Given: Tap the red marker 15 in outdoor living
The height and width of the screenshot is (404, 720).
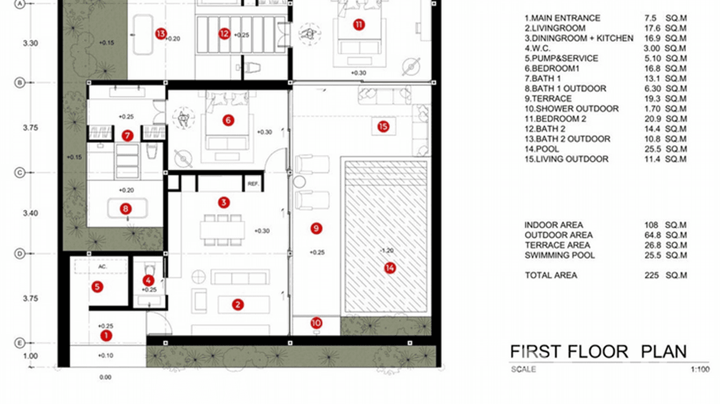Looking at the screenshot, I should coord(383,126).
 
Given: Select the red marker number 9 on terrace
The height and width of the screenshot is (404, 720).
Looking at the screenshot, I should coord(316,229).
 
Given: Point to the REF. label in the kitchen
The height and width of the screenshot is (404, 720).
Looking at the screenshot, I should coord(253,183).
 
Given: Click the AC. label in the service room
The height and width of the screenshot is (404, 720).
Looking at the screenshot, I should coord(102,266).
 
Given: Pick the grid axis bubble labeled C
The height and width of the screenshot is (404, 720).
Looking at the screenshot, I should coord(20,173).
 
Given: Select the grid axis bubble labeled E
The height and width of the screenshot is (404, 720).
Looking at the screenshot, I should coord(20,342).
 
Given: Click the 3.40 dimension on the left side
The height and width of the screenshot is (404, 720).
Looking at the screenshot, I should coord(31,213).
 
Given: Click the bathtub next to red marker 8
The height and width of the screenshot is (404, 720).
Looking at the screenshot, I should coord(127,208).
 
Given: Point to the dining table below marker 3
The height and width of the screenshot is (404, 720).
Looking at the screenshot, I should coord(222,229).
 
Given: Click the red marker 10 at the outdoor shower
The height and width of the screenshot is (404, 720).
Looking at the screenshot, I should coord(316,323).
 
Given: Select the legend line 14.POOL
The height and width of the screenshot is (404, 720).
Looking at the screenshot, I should coord(541,149).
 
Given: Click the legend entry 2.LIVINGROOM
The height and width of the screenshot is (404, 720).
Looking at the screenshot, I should coord(555,28).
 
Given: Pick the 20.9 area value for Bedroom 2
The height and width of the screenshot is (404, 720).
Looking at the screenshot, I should coord(652,118).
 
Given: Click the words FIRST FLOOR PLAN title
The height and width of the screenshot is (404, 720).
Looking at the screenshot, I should coord(598,351).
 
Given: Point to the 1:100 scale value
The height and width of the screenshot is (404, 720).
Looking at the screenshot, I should coord(700,369).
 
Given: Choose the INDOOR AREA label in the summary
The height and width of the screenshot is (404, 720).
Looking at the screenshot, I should coord(553,225).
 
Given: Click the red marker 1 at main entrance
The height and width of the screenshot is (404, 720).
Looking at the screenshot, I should coord(106,335).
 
